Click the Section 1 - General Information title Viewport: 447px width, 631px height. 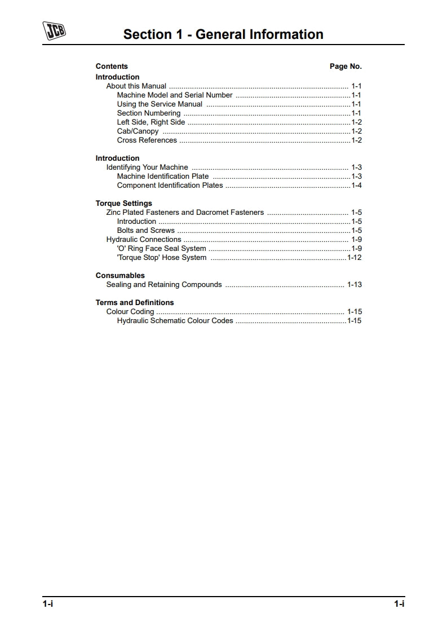click(223, 34)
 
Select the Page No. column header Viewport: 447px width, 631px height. click(346, 67)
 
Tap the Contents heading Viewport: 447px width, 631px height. click(112, 67)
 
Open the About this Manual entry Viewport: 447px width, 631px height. click(136, 86)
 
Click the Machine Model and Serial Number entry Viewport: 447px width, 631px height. click(175, 95)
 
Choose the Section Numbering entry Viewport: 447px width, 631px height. click(149, 113)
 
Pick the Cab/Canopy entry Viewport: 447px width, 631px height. click(138, 131)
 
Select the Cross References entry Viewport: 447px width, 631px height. click(147, 140)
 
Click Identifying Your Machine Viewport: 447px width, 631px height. click(147, 167)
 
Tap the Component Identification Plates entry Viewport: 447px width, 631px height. click(170, 186)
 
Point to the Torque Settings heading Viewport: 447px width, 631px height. click(124, 204)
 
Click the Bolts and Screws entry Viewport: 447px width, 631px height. click(146, 231)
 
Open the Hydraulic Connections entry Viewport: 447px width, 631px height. click(144, 240)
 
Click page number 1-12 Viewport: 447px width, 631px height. click(355, 258)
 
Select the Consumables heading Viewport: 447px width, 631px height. click(120, 276)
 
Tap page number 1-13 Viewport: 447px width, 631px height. click(355, 285)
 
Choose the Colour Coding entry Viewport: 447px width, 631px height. click(130, 312)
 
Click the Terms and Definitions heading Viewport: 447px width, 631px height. click(135, 303)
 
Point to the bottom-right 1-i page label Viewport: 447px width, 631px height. click(399, 604)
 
